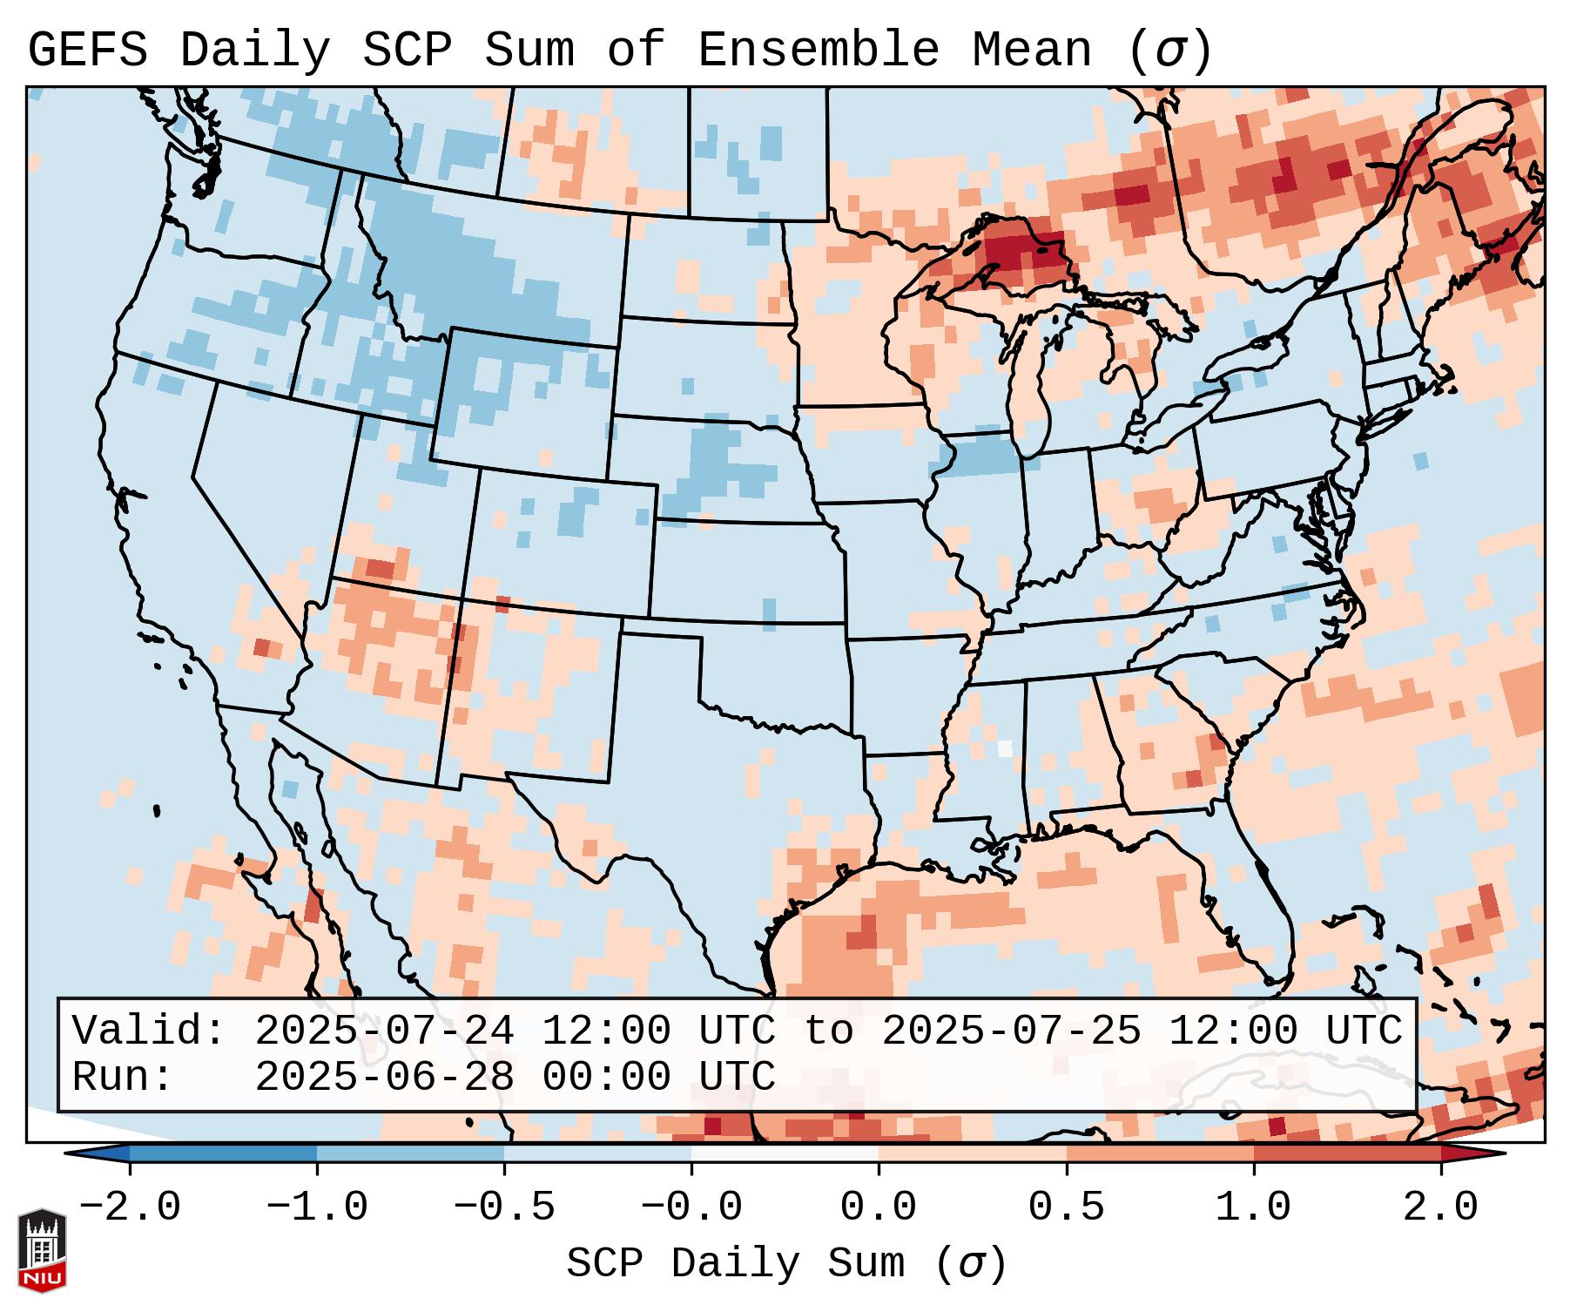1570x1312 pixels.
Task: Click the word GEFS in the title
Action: pyautogui.click(x=87, y=50)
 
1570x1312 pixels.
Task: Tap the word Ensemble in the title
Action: pyautogui.click(x=818, y=50)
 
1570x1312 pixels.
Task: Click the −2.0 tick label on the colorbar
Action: pyautogui.click(x=130, y=1207)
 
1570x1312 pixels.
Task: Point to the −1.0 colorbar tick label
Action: pyautogui.click(x=317, y=1207)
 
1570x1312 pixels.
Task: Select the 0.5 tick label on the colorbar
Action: pyautogui.click(x=1066, y=1207)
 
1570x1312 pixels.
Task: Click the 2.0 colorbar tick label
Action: pyautogui.click(x=1440, y=1207)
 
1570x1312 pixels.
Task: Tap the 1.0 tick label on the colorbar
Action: pyautogui.click(x=1253, y=1207)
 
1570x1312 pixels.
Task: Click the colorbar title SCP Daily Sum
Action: pyautogui.click(x=736, y=1263)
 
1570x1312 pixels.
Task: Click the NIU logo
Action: pyautogui.click(x=42, y=1249)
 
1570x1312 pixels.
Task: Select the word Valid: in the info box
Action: pyautogui.click(x=149, y=1031)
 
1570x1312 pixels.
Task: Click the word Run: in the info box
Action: pyautogui.click(x=123, y=1077)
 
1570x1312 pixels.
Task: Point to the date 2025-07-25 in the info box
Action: pyautogui.click(x=1011, y=1031)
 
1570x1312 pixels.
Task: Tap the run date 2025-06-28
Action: pyautogui.click(x=384, y=1077)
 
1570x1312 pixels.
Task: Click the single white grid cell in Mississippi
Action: pyautogui.click(x=1005, y=747)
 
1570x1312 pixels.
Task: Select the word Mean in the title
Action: pyautogui.click(x=1031, y=50)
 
